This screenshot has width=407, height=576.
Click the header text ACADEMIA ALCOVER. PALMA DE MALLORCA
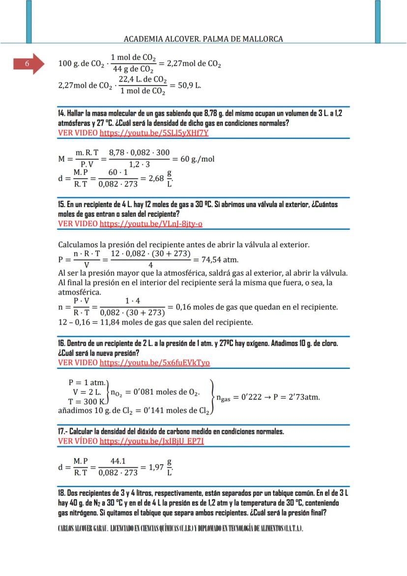click(x=203, y=38)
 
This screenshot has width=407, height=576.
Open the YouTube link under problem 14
click(x=154, y=133)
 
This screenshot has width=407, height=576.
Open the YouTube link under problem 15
click(x=151, y=224)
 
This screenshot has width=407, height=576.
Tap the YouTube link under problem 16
click(x=154, y=363)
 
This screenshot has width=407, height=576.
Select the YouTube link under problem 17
click(x=151, y=441)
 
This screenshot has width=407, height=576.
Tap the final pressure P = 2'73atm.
click(x=294, y=397)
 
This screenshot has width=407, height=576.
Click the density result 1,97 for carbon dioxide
click(x=157, y=467)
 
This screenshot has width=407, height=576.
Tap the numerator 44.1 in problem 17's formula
click(x=118, y=461)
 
